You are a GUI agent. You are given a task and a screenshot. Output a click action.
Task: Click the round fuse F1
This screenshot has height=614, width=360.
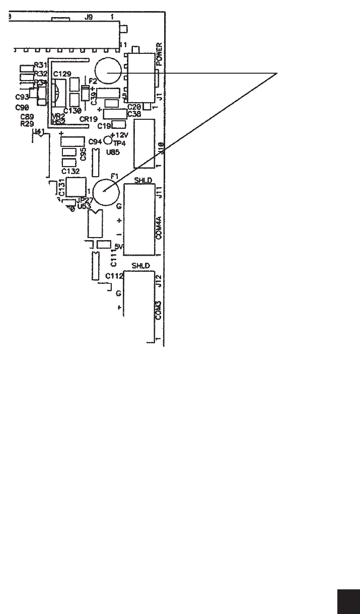[x=106, y=192]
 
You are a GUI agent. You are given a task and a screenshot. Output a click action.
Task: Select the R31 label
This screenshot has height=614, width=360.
[x=40, y=65]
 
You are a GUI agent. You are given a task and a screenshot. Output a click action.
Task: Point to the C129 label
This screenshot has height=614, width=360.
[x=62, y=74]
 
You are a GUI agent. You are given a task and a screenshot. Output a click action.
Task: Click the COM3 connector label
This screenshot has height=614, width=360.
[x=159, y=311]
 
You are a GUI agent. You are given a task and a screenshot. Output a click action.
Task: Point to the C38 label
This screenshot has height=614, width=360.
[x=134, y=114]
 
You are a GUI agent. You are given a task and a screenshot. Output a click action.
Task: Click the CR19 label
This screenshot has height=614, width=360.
[x=89, y=119]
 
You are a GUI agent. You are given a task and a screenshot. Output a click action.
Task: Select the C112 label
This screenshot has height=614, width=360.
[x=115, y=276]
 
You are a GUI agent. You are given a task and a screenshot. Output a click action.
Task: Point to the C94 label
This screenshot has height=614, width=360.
[x=95, y=142]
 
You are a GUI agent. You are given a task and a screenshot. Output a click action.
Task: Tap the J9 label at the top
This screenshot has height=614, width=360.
[x=89, y=17]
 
